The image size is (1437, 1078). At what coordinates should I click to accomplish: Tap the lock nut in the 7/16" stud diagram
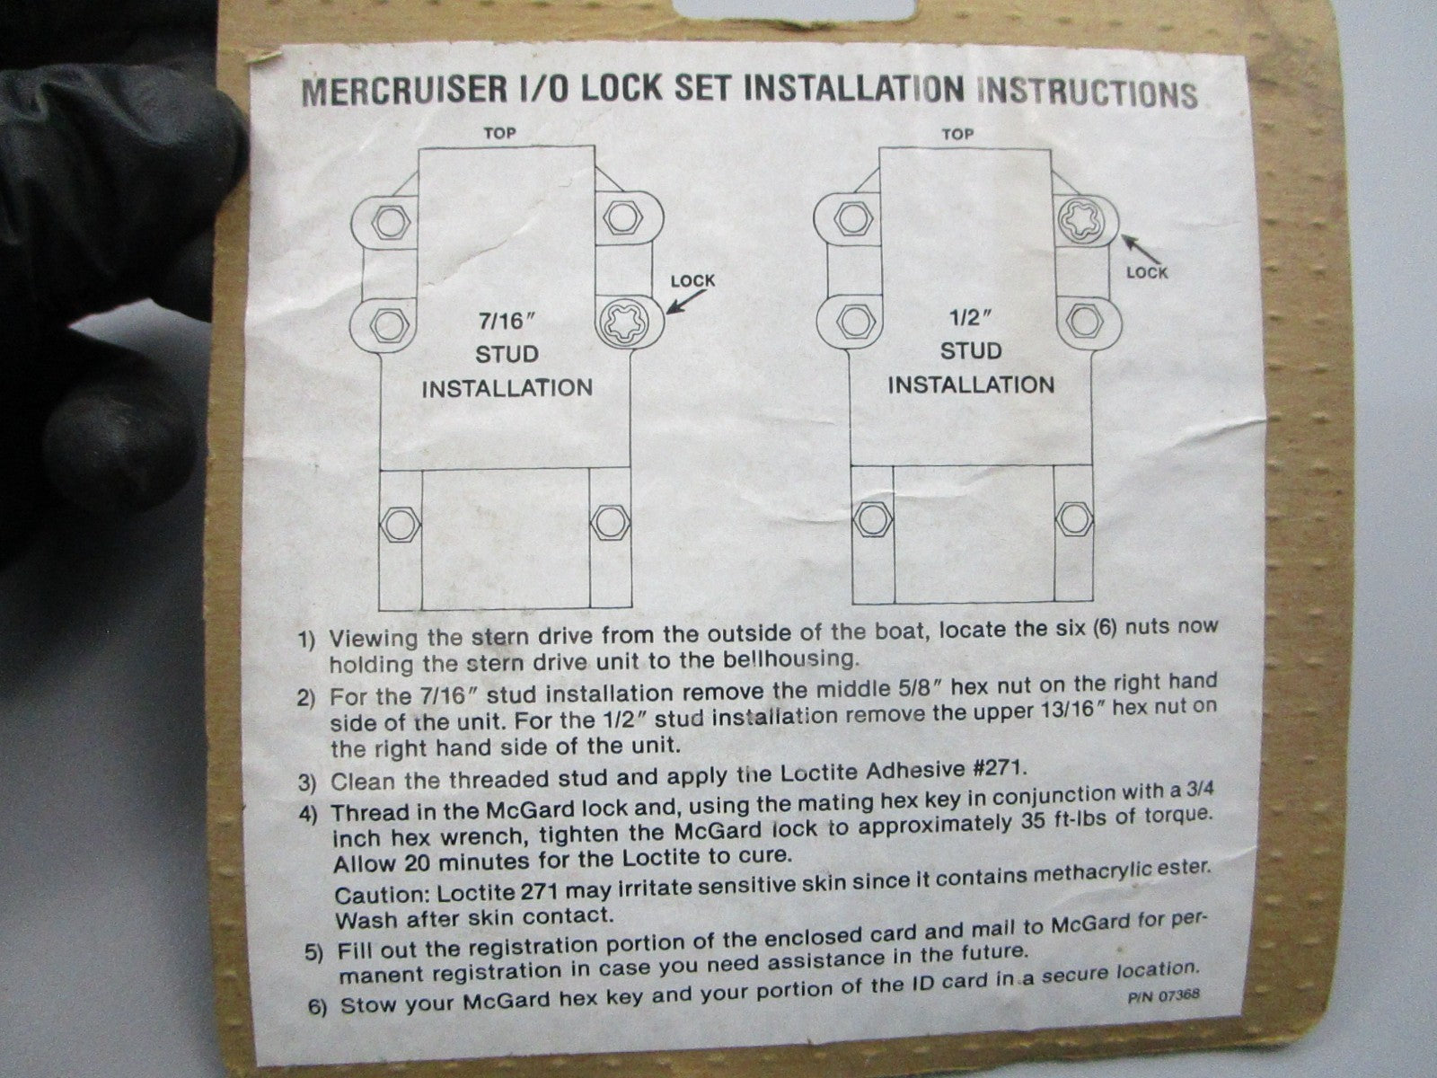624,322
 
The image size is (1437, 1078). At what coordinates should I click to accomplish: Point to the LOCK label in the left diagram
692,281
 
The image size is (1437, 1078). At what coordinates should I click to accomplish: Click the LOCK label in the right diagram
1146,272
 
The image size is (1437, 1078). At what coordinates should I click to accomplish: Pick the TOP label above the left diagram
499,134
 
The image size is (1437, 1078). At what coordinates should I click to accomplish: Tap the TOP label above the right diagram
957,134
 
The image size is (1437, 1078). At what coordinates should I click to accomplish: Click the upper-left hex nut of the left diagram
391,223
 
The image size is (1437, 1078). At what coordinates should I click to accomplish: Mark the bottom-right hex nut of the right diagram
1073,520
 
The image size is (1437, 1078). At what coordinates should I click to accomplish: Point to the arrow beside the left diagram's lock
686,302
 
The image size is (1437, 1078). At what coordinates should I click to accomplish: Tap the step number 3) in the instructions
307,782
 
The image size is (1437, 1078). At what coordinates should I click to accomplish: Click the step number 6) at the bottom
318,1006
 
